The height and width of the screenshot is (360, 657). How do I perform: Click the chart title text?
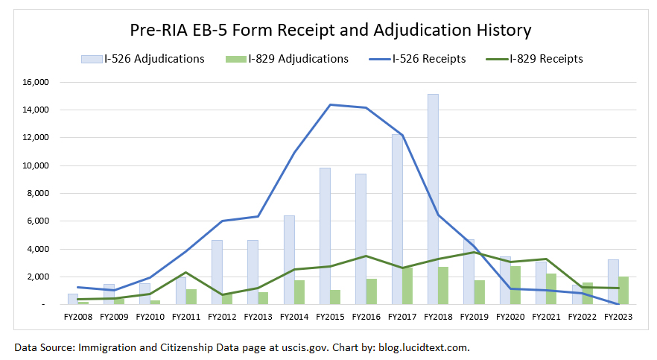[x=328, y=31]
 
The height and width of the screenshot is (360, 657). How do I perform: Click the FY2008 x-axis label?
[x=77, y=316]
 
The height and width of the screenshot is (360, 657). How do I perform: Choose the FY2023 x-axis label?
[x=618, y=316]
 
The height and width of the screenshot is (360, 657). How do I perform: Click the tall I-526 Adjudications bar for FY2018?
[x=433, y=199]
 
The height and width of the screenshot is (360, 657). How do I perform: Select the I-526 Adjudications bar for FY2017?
[x=397, y=219]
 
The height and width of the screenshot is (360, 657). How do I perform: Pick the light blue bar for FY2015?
[x=325, y=236]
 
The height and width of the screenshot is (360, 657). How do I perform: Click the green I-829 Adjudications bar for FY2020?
[x=515, y=285]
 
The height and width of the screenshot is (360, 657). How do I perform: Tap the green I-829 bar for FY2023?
[x=623, y=290]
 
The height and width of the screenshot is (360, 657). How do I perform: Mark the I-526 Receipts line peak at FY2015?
[x=330, y=104]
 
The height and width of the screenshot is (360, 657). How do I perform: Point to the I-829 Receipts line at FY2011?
[x=185, y=272]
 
